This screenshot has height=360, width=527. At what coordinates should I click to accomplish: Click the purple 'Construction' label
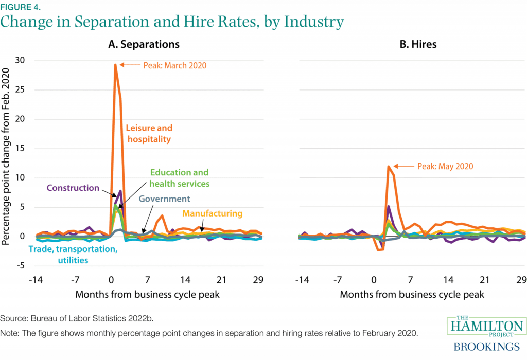pyautogui.click(x=73, y=188)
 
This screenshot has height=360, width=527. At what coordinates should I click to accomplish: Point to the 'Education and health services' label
pyautogui.click(x=179, y=178)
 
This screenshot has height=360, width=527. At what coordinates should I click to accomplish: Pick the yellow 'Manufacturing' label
pyautogui.click(x=212, y=213)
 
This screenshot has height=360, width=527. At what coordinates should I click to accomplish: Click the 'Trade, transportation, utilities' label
pyautogui.click(x=73, y=255)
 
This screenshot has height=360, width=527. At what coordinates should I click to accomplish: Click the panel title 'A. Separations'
pyautogui.click(x=144, y=44)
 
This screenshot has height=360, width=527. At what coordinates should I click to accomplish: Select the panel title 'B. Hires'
pyautogui.click(x=418, y=44)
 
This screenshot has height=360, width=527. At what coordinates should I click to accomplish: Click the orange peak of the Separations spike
pyautogui.click(x=115, y=65)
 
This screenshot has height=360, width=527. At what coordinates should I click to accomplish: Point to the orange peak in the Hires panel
pyautogui.click(x=388, y=166)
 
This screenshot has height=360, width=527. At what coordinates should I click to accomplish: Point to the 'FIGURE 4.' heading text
pyautogui.click(x=20, y=6)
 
